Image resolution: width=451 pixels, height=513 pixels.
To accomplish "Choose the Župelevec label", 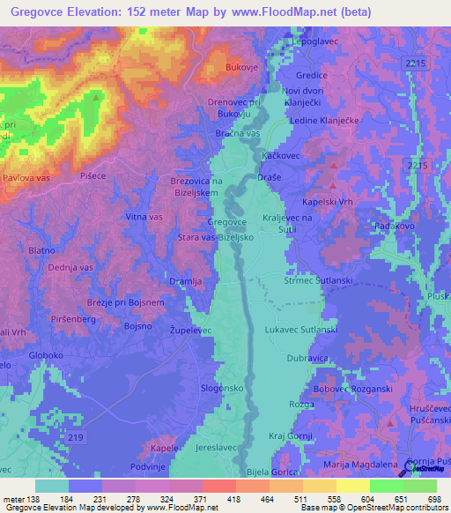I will pyautogui.click(x=191, y=329).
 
